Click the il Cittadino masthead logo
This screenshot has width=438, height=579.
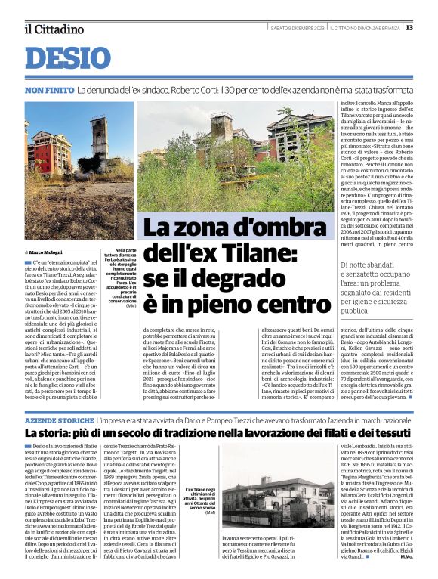pos(53,29)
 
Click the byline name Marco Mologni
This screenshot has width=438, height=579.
pos(46,251)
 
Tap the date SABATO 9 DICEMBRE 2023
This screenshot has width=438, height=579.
pos(297,28)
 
